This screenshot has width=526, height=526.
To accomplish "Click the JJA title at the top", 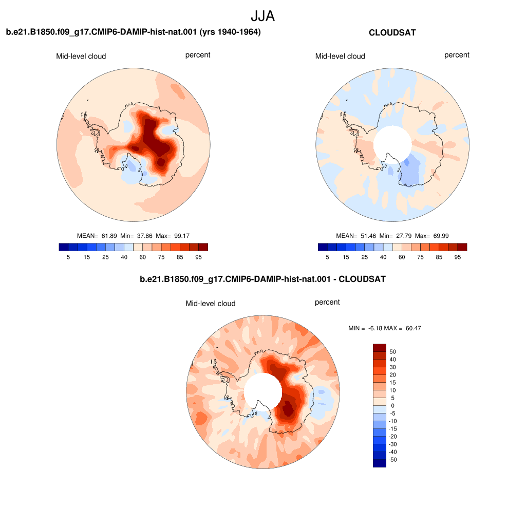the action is pos(262,16).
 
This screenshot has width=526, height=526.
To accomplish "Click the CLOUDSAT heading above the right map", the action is pos(392,32).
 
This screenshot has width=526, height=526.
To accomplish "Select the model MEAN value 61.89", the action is pos(109,236).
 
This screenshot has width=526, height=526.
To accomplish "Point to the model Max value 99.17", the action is pos(182,236).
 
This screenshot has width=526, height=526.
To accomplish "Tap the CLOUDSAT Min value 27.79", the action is pos(404,236).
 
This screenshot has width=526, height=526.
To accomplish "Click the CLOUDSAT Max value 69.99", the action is pos(441,236).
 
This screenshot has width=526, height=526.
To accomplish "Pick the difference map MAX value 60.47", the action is pos(414,328).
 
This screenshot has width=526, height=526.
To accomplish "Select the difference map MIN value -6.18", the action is pos(375,328).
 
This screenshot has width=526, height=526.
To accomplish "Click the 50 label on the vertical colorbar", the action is pos(392,352).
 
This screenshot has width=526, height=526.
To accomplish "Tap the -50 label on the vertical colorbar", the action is pos(392,460).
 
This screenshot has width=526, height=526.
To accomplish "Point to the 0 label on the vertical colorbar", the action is pos(392,406).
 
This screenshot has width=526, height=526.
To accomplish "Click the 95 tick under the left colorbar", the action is pos(199,257).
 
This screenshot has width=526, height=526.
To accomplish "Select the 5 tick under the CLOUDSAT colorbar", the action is pos(327,257).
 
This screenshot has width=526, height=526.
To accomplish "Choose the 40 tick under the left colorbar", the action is pos(124,257).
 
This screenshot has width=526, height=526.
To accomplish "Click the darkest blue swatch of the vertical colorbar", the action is pos(380,463).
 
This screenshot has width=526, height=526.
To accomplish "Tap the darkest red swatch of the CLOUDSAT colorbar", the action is pos(462,247).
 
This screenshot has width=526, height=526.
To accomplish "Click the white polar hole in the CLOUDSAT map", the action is pos(392,144).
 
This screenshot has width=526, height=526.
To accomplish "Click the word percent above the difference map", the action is pos(327,302).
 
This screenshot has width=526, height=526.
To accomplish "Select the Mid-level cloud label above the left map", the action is pos(81,57).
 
